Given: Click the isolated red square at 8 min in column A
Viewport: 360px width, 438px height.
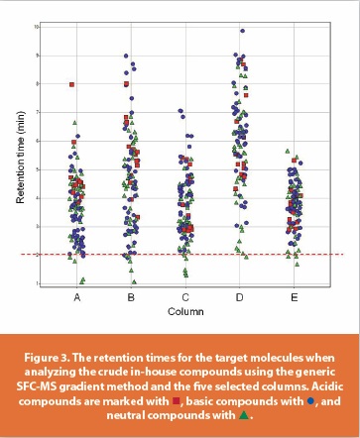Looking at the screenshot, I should click(72, 85).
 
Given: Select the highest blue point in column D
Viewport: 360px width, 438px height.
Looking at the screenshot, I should click(241, 31).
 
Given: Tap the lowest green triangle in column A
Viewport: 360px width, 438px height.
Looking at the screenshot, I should click(82, 280).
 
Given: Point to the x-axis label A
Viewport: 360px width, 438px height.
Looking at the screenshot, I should click(77, 295).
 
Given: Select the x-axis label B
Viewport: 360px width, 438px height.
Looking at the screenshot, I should click(131, 295).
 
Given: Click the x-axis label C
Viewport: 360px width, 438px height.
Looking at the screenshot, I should click(185, 295).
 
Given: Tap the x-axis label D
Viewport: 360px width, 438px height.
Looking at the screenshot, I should click(240, 295).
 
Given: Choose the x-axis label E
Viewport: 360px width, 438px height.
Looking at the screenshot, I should click(294, 295).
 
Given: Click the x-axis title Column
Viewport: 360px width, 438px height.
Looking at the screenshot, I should click(185, 307).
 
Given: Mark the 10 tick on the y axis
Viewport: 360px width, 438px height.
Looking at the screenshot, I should click(36, 27).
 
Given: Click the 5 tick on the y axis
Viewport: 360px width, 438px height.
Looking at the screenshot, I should click(37, 169).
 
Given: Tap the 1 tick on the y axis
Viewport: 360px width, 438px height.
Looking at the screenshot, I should click(37, 283).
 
